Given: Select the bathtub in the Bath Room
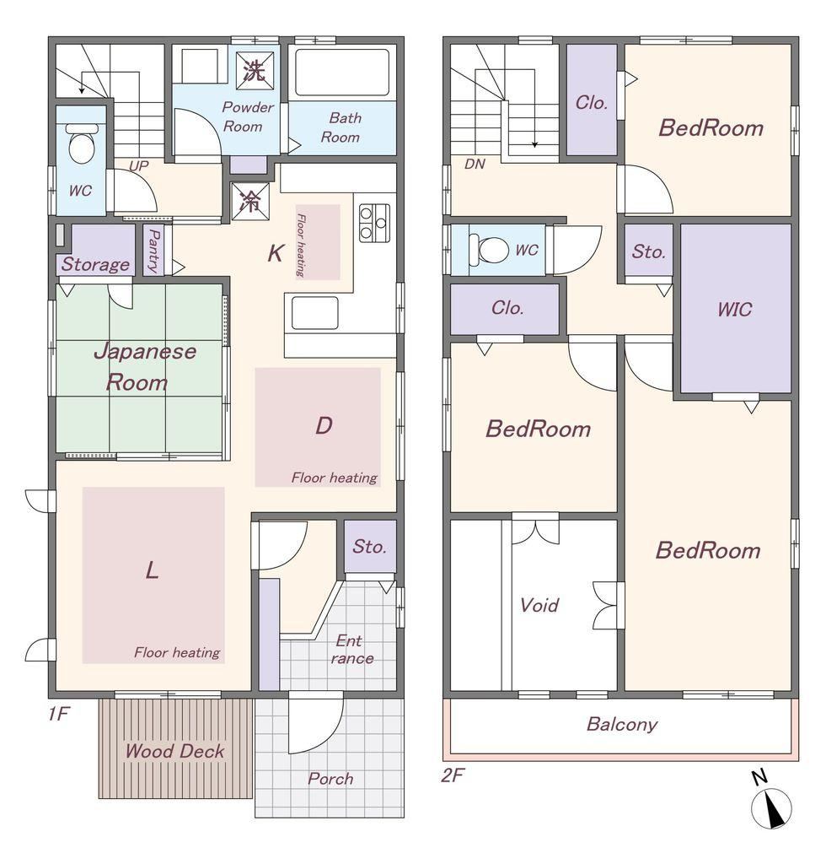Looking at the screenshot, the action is [342, 73].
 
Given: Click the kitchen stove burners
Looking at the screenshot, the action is [374, 222].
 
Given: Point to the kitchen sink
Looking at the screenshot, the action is [314, 313].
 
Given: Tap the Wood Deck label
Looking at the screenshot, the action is [174, 750].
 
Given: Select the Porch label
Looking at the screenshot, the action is [330, 779].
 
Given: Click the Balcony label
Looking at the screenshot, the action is [622, 724].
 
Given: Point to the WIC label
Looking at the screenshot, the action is [735, 309].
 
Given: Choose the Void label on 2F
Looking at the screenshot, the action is [539, 605].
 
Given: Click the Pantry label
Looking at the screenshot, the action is [154, 251].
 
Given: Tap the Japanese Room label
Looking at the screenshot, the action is [144, 366].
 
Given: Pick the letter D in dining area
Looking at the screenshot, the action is [324, 425].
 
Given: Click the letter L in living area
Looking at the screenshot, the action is [152, 570].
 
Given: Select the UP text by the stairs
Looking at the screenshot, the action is [138, 165].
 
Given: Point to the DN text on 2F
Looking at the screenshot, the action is [475, 164].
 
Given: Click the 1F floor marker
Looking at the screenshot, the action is [58, 714].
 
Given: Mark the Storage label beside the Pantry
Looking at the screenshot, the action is [96, 264].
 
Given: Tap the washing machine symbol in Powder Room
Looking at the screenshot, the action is [255, 71].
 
